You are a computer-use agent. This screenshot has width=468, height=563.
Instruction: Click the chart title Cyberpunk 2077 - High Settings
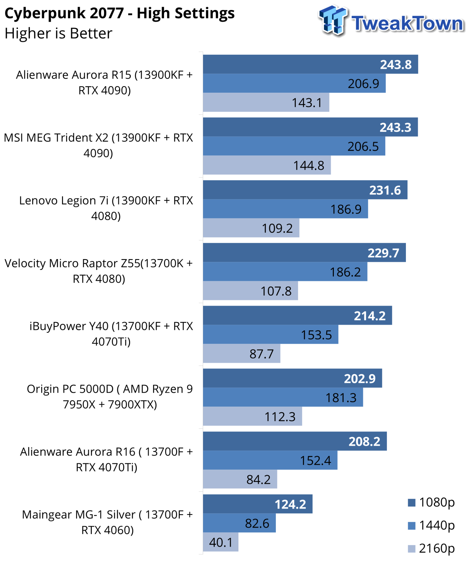[x=120, y=14]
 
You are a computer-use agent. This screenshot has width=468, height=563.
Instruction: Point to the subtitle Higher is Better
[x=59, y=33]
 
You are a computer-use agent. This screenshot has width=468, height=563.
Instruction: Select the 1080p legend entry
[x=431, y=502]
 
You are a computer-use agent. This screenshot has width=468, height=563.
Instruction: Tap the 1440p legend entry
[x=431, y=526]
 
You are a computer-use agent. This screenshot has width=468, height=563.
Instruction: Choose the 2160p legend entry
[x=431, y=548]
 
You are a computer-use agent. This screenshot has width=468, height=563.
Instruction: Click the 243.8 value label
[x=396, y=65]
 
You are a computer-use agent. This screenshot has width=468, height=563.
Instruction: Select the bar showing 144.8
[x=267, y=165]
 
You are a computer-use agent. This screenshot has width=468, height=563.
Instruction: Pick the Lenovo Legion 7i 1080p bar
[x=305, y=190]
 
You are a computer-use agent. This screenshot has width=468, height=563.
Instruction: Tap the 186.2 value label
[x=345, y=272]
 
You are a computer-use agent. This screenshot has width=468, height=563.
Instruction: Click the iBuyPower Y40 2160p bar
[x=241, y=354]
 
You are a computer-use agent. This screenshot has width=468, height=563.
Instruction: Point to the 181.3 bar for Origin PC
[x=283, y=398]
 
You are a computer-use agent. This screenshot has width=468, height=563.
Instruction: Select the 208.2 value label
[x=364, y=442]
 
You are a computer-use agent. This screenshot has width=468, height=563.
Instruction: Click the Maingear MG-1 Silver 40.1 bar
[x=221, y=542]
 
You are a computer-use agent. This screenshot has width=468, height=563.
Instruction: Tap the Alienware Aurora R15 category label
[x=105, y=83]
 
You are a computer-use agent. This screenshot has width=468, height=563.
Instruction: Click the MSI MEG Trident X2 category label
[x=99, y=145]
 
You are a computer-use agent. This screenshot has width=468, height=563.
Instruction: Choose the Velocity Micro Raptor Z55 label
[x=99, y=271]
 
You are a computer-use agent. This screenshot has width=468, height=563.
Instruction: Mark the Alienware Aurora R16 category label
[x=106, y=459]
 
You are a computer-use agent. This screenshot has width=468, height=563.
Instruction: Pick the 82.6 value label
[x=257, y=523]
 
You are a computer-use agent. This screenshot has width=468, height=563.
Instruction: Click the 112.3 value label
[x=280, y=417]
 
